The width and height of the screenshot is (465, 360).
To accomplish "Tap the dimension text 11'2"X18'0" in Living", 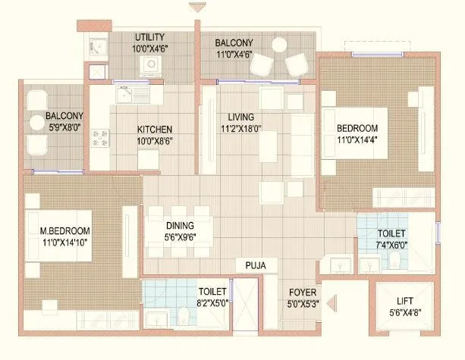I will (x=241, y=129).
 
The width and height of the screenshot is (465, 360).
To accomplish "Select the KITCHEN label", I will (x=154, y=129).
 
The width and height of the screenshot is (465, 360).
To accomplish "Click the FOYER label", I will (x=303, y=292).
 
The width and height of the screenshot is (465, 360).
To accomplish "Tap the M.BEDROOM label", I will (x=64, y=231).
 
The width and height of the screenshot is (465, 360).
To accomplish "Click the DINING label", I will (x=181, y=226).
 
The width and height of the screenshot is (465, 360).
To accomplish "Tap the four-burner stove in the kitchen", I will (x=100, y=137).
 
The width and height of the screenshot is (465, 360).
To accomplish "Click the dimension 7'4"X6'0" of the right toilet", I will (x=390, y=245).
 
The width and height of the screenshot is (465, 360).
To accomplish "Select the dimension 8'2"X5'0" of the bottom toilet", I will (x=212, y=302).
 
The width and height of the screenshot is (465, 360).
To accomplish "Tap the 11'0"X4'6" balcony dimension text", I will (x=239, y=54).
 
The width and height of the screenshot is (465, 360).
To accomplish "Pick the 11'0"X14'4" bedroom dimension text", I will (x=354, y=140).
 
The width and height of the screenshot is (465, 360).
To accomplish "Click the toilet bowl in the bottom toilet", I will (x=185, y=316).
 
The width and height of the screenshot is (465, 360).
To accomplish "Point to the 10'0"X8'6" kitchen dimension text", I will (x=154, y=141).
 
